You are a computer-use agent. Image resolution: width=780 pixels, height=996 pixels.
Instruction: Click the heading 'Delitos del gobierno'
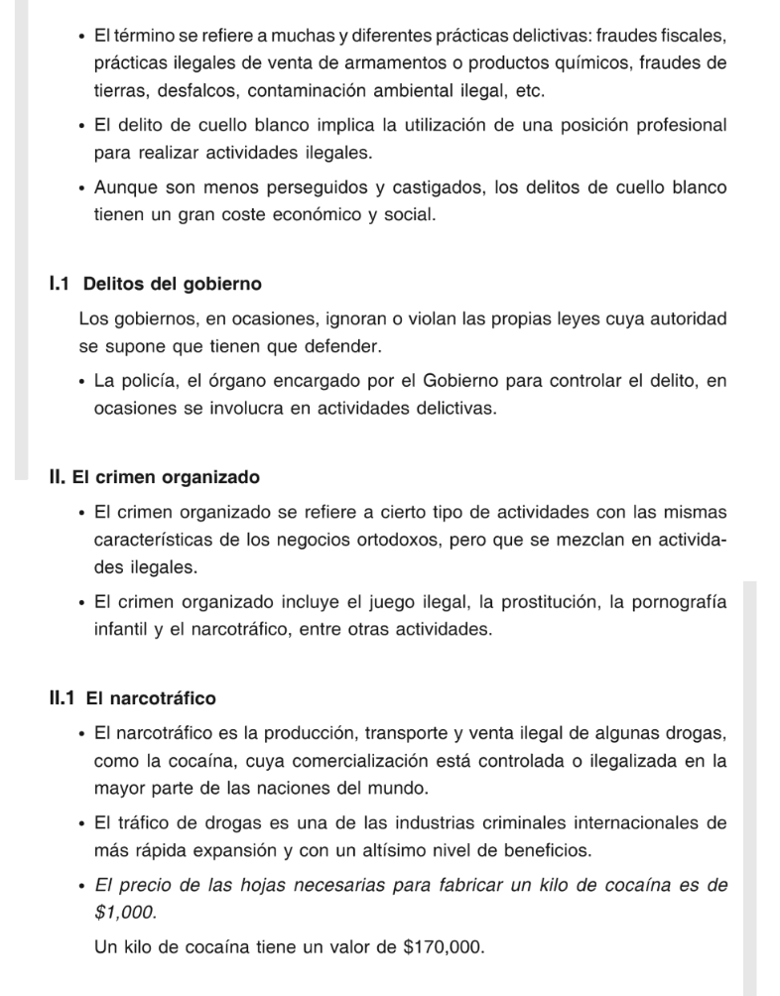pos(173,285)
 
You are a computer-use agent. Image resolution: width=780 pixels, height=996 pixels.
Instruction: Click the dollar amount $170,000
pos(446,946)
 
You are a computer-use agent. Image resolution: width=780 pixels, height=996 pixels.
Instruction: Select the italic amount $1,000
pos(125,912)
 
